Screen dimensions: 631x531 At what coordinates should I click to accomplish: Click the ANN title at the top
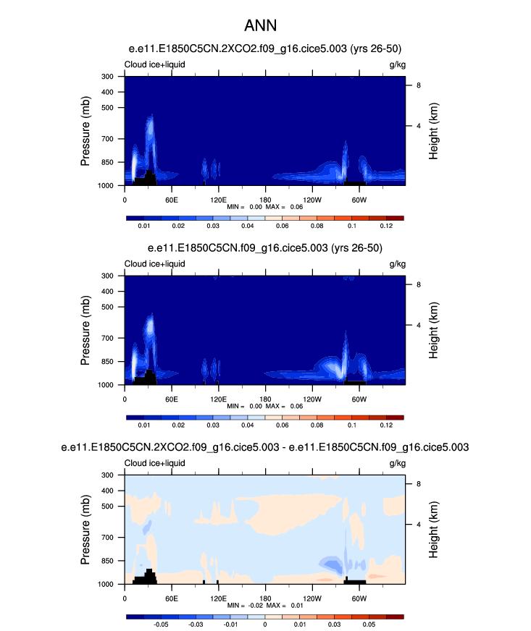pyautogui.click(x=265, y=24)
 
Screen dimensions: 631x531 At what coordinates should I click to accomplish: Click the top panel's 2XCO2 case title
pyautogui.click(x=265, y=48)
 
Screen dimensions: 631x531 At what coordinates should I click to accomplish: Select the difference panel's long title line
pyautogui.click(x=265, y=448)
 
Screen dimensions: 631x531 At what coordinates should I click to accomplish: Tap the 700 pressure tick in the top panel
pyautogui.click(x=111, y=138)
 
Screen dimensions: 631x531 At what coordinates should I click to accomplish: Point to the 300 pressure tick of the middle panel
pyautogui.click(x=111, y=276)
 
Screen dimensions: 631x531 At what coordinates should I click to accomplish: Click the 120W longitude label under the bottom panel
pyautogui.click(x=312, y=598)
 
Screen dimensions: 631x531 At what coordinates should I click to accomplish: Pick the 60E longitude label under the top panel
pyautogui.click(x=172, y=200)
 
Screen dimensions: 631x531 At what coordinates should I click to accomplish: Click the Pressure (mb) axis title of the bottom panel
pyautogui.click(x=85, y=530)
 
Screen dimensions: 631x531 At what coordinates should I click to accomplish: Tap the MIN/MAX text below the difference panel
pyautogui.click(x=265, y=606)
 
